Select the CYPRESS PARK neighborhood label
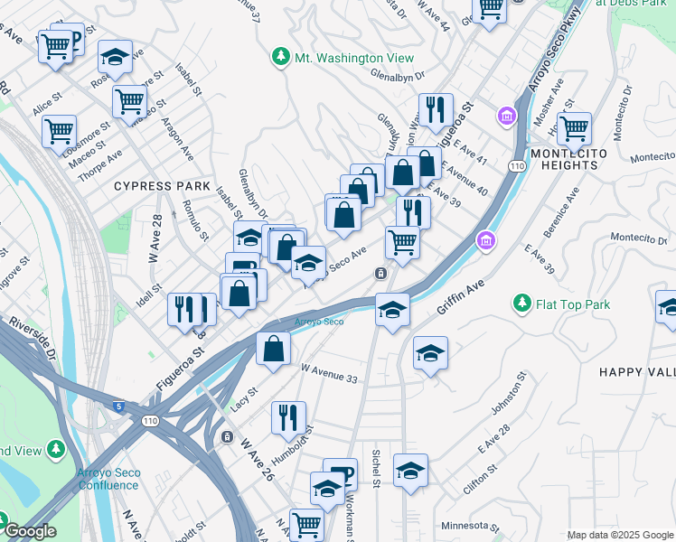pos(155,186)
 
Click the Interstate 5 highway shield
pos(119,407)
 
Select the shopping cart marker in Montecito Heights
pos(574,128)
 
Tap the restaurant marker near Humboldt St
pos(287,416)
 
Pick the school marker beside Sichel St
pos(410,470)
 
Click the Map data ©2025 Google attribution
pos(620,535)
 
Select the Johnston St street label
pos(506,395)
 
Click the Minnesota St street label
pos(470,526)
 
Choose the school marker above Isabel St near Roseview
pos(114,57)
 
